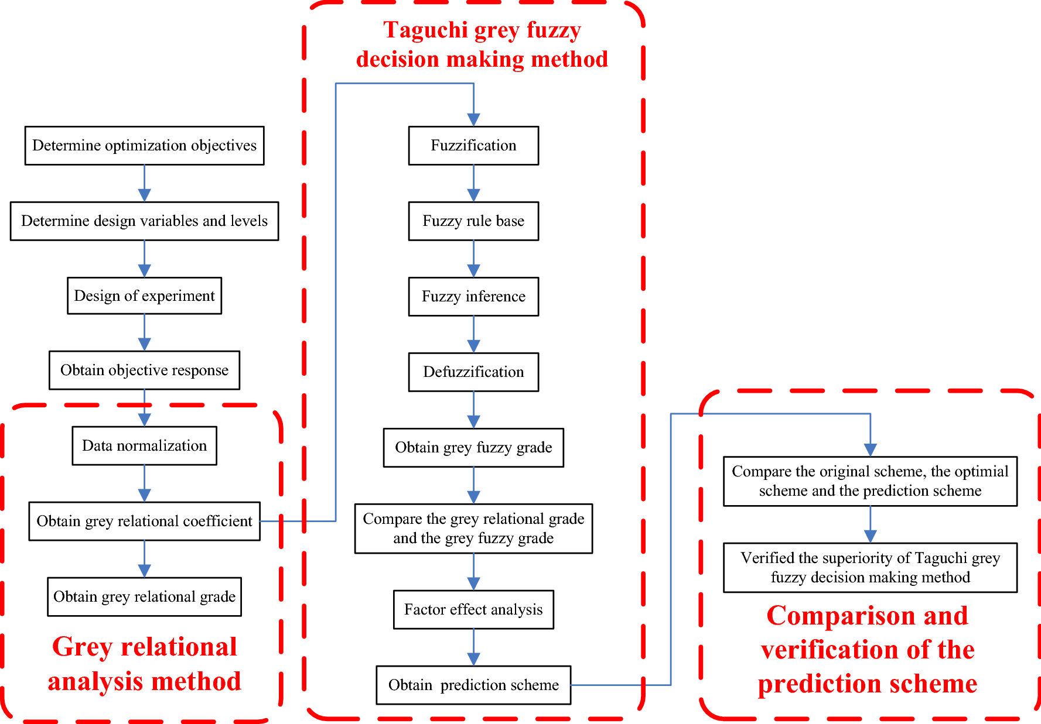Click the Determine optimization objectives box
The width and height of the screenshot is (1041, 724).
click(144, 146)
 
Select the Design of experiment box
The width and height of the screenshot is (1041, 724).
click(144, 296)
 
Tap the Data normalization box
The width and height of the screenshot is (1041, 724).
click(144, 445)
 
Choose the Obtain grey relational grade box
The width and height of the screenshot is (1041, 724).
click(144, 596)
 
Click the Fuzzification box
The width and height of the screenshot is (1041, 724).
click(473, 146)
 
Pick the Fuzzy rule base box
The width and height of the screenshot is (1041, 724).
click(473, 221)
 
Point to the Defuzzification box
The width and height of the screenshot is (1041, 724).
click(473, 372)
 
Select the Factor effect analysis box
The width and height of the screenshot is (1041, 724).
click(473, 609)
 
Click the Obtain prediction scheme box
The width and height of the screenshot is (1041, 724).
click(473, 685)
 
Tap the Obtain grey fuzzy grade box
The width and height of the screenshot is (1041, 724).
click(473, 448)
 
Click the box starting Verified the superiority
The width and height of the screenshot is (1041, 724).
click(870, 568)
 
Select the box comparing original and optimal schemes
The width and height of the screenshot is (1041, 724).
click(870, 481)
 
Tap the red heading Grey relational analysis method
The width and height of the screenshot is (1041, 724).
click(144, 664)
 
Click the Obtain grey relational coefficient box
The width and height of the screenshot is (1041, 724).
click(144, 521)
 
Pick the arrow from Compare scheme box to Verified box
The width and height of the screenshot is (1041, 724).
click(870, 525)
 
